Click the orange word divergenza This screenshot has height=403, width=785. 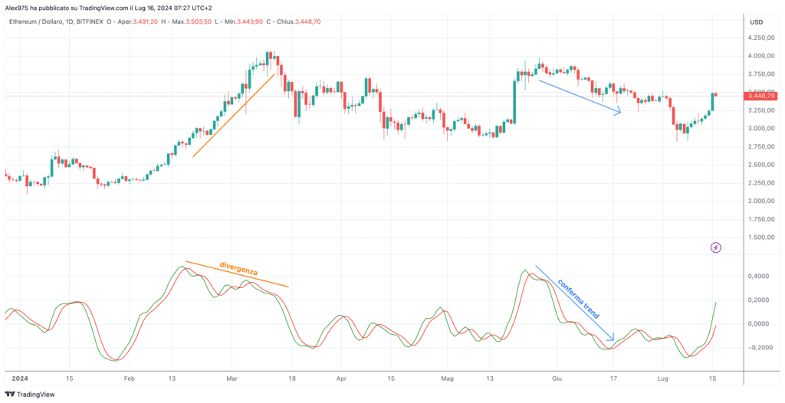[238, 269]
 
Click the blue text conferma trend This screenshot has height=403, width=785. [578, 299]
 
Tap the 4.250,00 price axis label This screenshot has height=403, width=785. [760, 38]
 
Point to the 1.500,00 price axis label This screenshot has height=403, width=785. [760, 238]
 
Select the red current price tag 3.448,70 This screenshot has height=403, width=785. [761, 96]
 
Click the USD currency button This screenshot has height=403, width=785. [756, 22]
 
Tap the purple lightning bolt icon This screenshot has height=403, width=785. [716, 247]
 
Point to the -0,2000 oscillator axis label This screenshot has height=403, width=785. [758, 347]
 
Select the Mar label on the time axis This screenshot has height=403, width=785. [231, 379]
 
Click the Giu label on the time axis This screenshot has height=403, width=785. [557, 379]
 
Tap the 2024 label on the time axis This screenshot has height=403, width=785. [20, 379]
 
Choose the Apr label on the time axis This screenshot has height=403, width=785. [341, 379]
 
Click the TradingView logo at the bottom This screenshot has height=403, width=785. [30, 395]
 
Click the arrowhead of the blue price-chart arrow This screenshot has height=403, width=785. [619, 113]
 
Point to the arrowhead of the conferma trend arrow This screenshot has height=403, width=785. [611, 339]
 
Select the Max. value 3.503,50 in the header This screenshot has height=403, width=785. [200, 22]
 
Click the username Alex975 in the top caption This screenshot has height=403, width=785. [15, 6]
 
